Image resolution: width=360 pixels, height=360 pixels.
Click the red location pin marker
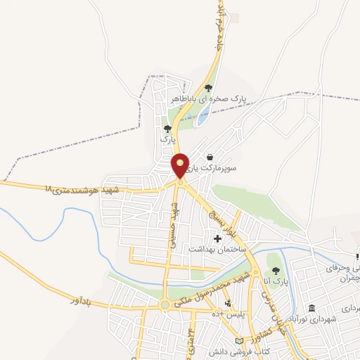pos(181,165)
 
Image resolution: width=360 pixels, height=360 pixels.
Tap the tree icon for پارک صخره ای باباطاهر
pos(207,88)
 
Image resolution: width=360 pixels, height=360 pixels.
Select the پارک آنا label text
pos(278,281)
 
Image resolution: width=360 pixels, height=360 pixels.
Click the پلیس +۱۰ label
pos(228,315)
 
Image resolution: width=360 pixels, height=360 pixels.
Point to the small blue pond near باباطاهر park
pos(202,116)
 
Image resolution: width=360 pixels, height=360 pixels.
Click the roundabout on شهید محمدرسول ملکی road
pos(165,305)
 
